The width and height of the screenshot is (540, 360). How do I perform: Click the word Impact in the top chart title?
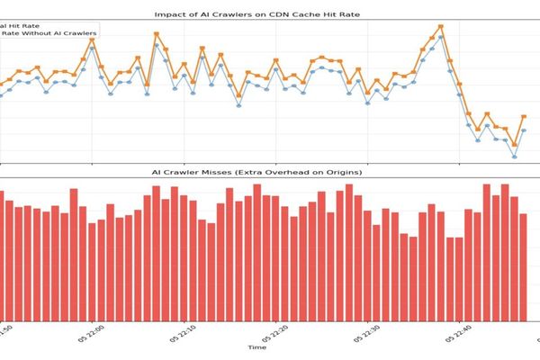click(171, 14)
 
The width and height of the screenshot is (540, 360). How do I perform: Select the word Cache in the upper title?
click(321, 14)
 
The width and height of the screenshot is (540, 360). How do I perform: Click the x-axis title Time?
click(257, 346)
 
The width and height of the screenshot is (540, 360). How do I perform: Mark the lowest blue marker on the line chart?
click(515, 157)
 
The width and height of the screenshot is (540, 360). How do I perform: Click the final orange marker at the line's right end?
click(524, 116)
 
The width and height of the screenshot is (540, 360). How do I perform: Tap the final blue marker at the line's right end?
click(524, 130)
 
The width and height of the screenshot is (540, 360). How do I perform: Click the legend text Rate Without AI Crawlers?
click(50, 34)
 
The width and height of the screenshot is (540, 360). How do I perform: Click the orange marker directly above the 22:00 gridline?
click(93, 40)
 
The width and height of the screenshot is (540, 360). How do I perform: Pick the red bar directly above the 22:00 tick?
click(93, 271)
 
